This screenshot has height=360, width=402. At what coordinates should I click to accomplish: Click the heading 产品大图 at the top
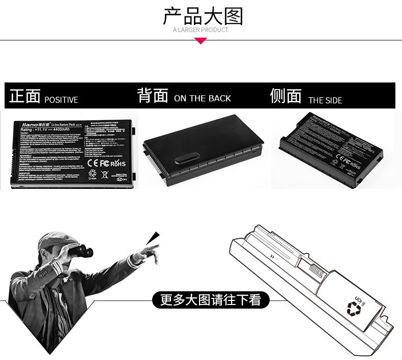click(x=203, y=16)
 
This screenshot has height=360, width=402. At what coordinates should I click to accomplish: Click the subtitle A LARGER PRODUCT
click(x=200, y=30)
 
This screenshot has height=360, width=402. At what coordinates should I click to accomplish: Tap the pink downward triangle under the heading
click(x=201, y=41)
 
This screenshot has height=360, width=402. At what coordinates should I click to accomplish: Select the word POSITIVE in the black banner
click(x=61, y=100)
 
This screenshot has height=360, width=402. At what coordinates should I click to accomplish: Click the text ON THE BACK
click(x=203, y=98)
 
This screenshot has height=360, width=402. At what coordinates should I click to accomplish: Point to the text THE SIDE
click(x=325, y=100)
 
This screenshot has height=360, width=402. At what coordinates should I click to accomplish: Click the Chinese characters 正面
click(x=25, y=96)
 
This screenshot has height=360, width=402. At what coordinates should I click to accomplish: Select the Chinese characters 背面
click(x=153, y=95)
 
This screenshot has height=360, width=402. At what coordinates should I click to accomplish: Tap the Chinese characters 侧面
click(x=285, y=96)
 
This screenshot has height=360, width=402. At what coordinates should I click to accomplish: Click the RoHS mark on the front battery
click(x=118, y=163)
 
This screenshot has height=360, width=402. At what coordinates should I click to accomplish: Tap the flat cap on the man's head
click(x=54, y=238)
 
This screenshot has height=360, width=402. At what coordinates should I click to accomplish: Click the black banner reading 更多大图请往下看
click(x=210, y=300)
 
